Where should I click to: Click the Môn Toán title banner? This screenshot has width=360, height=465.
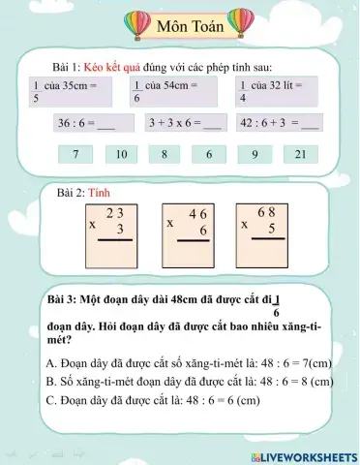pyautogui.click(x=190, y=25)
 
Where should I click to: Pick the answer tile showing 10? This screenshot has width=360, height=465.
pyautogui.click(x=121, y=153)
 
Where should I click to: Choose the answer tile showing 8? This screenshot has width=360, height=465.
pyautogui.click(x=165, y=153)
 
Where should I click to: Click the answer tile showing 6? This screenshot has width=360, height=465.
pyautogui.click(x=209, y=153)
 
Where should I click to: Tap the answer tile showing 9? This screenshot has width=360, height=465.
pyautogui.click(x=255, y=153)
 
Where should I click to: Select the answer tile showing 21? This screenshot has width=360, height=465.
pyautogui.click(x=300, y=153)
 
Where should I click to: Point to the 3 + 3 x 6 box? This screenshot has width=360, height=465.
pyautogui.click(x=186, y=124)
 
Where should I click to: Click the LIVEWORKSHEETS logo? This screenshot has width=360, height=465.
pyautogui.click(x=304, y=455)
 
